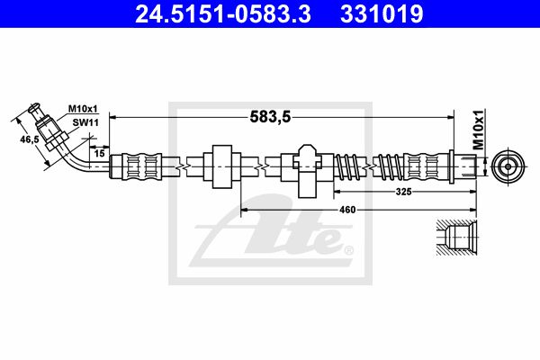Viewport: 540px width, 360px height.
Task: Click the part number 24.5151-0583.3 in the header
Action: pyautogui.click(x=223, y=13)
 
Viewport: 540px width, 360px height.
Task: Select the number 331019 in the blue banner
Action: pyautogui.click(x=382, y=13)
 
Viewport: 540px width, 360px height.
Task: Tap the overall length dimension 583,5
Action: pyautogui.click(x=270, y=118)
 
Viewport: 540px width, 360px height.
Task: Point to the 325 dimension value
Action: pyautogui.click(x=403, y=192)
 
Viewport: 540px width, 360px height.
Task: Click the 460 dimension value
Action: pyautogui.click(x=347, y=210)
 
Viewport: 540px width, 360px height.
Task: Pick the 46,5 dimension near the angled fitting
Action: pyautogui.click(x=30, y=139)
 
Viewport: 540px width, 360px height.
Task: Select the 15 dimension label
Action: pyautogui.click(x=99, y=153)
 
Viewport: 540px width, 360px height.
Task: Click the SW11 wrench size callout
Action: pyautogui.click(x=85, y=122)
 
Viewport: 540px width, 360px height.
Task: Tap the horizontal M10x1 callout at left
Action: pyautogui.click(x=83, y=109)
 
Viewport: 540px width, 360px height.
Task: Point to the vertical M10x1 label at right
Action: pyautogui.click(x=478, y=130)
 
